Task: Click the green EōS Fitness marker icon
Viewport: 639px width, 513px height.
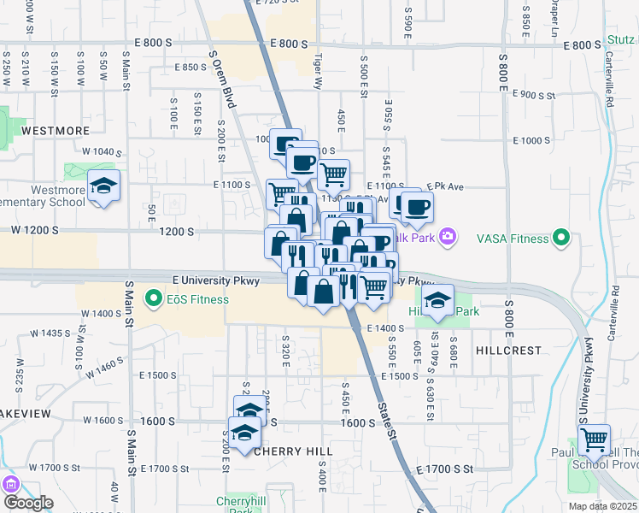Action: click(x=154, y=299)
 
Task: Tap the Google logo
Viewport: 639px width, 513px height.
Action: click(x=28, y=503)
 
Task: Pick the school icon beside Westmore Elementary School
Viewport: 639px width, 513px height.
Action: click(x=103, y=186)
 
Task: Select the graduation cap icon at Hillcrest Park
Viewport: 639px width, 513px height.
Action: click(x=437, y=300)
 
